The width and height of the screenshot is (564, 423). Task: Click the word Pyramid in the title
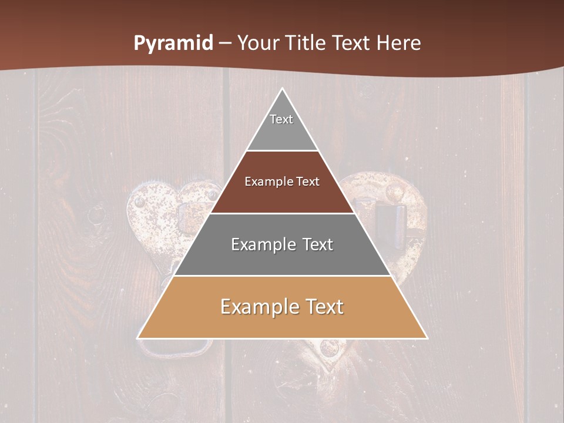click(x=173, y=43)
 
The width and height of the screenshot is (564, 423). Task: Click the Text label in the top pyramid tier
click(x=281, y=119)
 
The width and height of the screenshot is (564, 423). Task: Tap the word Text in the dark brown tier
click(x=308, y=182)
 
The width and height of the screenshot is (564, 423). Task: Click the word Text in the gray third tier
click(x=317, y=244)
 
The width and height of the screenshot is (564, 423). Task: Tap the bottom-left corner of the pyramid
click(x=138, y=338)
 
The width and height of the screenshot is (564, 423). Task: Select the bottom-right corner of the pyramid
click(x=427, y=338)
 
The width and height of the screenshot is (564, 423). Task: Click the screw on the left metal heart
click(x=139, y=202)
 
